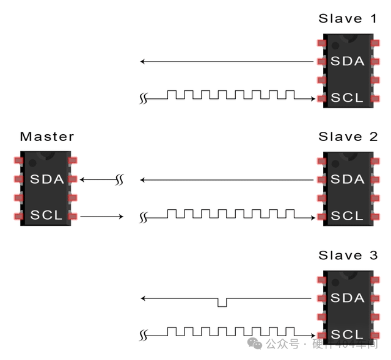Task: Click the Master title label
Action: click(x=47, y=137)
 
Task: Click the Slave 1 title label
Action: click(x=348, y=18)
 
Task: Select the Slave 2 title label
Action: click(x=348, y=137)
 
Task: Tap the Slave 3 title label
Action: click(x=348, y=255)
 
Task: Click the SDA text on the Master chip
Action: click(x=47, y=179)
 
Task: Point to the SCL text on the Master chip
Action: click(x=46, y=215)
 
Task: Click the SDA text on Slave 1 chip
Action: click(x=347, y=61)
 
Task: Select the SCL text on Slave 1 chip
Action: click(x=347, y=98)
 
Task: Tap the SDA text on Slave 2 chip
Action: click(x=347, y=179)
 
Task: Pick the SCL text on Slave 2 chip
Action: click(x=347, y=216)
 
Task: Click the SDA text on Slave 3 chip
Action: click(x=347, y=298)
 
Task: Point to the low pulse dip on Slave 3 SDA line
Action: click(x=222, y=303)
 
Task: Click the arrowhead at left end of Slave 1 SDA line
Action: click(x=142, y=62)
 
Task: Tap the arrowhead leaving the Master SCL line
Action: click(x=121, y=217)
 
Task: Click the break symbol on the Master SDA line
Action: click(x=120, y=180)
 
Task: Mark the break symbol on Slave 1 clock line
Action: click(x=144, y=98)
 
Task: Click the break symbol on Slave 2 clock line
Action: click(x=144, y=217)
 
